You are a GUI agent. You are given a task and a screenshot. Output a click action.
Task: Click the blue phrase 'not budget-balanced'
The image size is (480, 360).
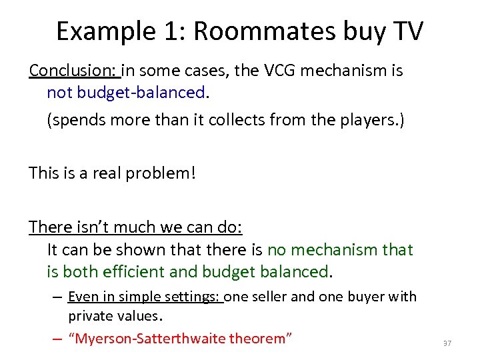point(126,92)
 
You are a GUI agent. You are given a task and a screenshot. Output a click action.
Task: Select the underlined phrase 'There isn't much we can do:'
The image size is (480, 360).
point(135,227)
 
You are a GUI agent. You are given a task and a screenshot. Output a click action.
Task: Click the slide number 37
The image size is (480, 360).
point(447,343)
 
